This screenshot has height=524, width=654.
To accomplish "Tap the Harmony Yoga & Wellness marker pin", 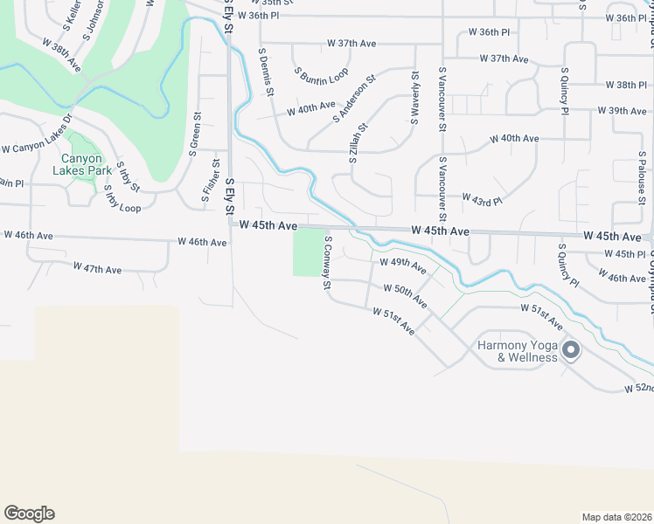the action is pyautogui.click(x=571, y=351).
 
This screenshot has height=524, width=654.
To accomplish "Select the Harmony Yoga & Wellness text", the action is pyautogui.click(x=517, y=351).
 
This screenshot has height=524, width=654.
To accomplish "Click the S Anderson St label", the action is pyautogui.click(x=354, y=99).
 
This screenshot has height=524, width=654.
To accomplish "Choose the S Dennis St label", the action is pyautogui.click(x=267, y=72).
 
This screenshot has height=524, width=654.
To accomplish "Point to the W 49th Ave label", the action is pyautogui.click(x=401, y=263).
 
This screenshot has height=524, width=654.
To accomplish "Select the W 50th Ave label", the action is pyautogui.click(x=405, y=293).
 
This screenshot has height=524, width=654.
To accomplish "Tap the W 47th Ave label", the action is pyautogui.click(x=97, y=268).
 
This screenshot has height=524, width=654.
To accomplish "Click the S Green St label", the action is pyautogui.click(x=195, y=134).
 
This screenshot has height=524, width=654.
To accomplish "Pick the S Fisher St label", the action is pyautogui.click(x=211, y=181).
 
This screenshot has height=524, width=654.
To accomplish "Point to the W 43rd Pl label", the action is pyautogui.click(x=482, y=200).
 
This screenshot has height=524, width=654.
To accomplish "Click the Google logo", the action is pyautogui.click(x=29, y=514).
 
